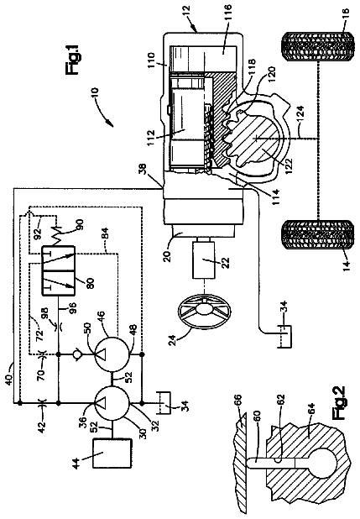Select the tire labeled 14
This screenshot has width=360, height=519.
[x=318, y=235]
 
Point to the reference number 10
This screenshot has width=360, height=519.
[x=94, y=92]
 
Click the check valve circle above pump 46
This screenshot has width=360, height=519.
[x=76, y=354]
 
